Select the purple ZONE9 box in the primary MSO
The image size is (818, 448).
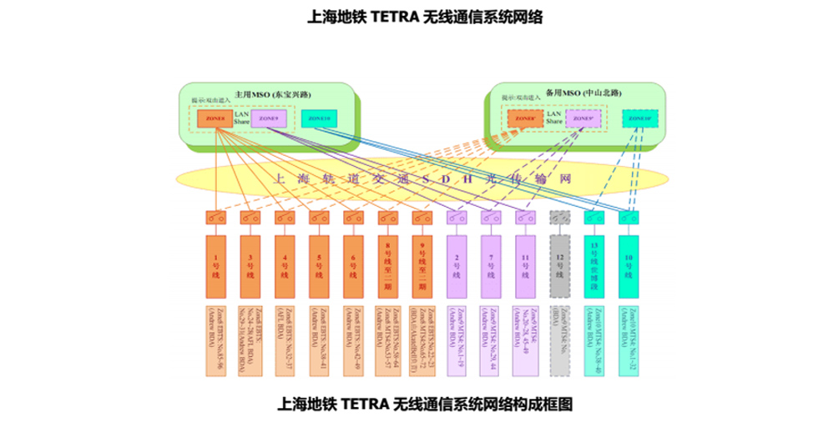[x=269, y=119]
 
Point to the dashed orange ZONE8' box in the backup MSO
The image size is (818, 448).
[x=525, y=118]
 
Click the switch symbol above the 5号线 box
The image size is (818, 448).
[x=319, y=218]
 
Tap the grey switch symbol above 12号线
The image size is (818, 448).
[x=560, y=218]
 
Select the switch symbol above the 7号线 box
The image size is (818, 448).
[x=490, y=218]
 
